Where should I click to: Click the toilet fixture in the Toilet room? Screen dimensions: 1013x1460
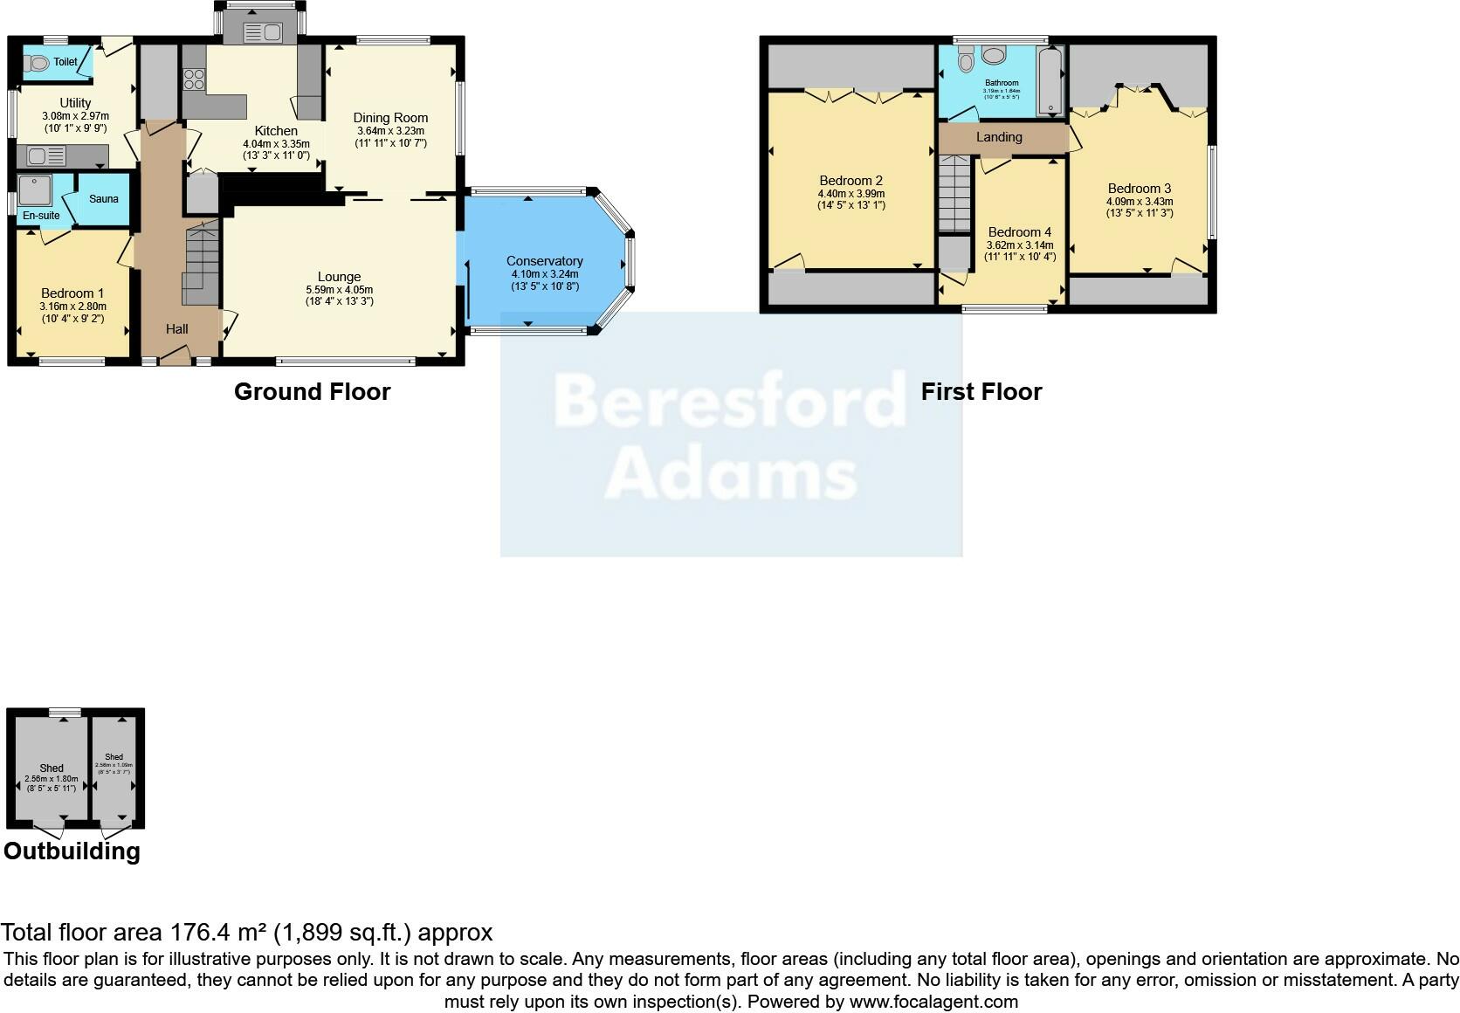click(x=37, y=63)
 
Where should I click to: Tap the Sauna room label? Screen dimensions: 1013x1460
click(x=103, y=199)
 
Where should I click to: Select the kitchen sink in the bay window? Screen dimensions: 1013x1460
click(x=262, y=33)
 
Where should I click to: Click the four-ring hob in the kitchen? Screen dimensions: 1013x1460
click(x=194, y=79)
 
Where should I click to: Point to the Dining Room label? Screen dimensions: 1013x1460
click(x=390, y=118)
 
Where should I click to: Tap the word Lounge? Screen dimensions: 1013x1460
click(x=339, y=277)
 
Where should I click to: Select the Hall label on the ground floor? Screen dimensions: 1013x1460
click(x=177, y=329)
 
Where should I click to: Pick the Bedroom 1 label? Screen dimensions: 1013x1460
click(x=72, y=293)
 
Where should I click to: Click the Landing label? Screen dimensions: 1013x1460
click(x=999, y=137)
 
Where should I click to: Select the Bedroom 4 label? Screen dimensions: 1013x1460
click(x=1020, y=232)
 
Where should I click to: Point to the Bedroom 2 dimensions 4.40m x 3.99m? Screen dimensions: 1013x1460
click(x=851, y=194)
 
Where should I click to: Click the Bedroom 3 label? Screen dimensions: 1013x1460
click(x=1140, y=189)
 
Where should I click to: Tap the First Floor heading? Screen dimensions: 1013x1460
click(x=981, y=391)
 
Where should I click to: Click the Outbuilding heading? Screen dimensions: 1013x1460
click(x=72, y=851)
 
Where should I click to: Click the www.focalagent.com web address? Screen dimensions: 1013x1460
click(x=933, y=1002)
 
